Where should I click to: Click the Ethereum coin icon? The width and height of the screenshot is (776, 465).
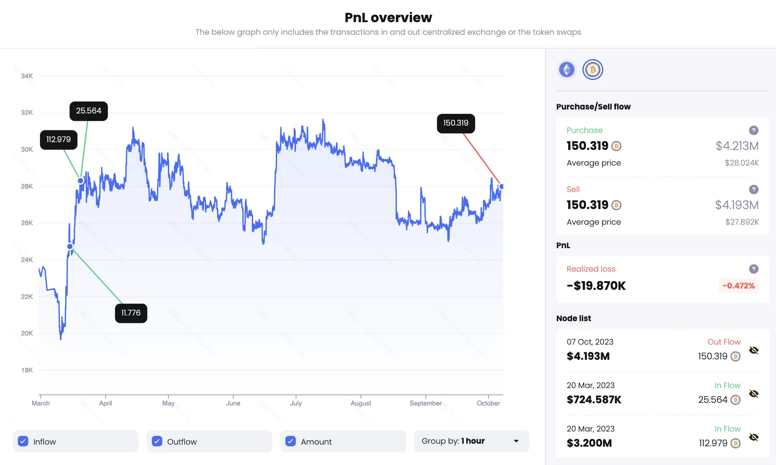click(566, 70)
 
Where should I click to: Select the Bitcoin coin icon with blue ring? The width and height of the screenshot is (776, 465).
click(592, 70)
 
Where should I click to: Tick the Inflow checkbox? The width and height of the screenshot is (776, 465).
click(23, 441)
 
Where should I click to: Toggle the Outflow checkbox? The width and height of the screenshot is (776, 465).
click(157, 441)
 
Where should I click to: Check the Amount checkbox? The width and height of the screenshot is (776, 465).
click(291, 441)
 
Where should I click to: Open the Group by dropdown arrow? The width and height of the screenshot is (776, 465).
click(516, 441)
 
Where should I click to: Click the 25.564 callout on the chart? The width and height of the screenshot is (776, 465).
click(89, 111)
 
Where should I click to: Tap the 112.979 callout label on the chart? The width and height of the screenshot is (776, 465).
click(59, 139)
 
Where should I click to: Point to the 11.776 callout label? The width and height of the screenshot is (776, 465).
click(131, 313)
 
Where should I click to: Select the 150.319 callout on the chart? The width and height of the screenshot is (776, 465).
click(456, 123)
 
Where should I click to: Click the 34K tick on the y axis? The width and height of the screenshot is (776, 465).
click(27, 76)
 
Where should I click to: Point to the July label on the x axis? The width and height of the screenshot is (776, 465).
click(296, 403)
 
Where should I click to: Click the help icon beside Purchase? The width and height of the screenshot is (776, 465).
click(754, 130)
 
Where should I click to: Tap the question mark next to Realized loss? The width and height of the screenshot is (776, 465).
click(754, 269)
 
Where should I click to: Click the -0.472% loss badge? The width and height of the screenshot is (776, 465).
click(738, 286)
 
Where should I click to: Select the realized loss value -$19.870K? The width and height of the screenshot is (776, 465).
click(596, 286)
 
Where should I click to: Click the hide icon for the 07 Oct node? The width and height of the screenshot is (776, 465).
click(754, 350)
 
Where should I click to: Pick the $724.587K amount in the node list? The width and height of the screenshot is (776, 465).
click(594, 399)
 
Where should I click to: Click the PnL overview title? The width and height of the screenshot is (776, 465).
click(388, 17)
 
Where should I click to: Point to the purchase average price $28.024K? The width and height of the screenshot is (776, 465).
click(742, 163)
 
